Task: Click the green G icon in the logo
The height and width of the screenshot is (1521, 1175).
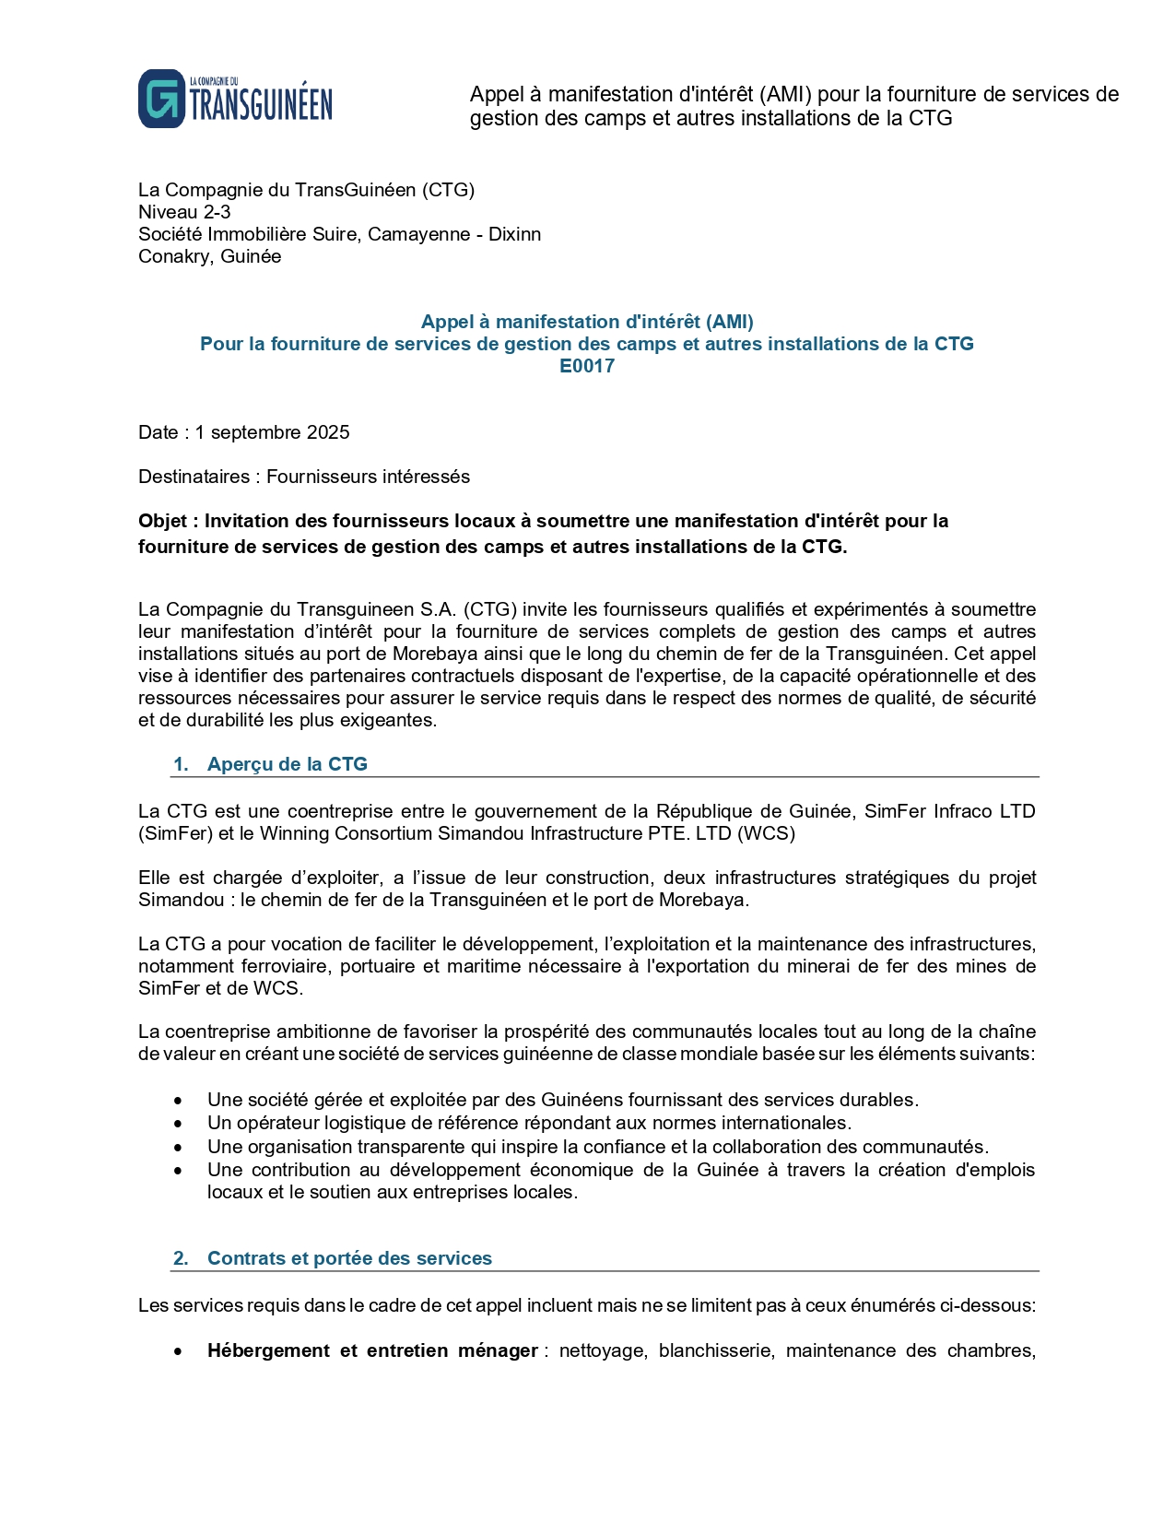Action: (x=161, y=99)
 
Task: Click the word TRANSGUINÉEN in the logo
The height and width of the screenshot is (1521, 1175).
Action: (x=261, y=105)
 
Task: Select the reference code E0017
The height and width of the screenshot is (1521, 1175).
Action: (x=587, y=366)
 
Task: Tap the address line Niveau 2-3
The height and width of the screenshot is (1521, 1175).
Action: (x=184, y=212)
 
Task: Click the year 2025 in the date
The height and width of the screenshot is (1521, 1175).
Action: (x=328, y=432)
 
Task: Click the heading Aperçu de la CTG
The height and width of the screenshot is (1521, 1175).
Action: (x=287, y=764)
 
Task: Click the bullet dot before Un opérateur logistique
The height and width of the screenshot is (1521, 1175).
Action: (x=178, y=1124)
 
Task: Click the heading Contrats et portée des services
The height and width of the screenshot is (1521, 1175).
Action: (x=349, y=1258)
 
